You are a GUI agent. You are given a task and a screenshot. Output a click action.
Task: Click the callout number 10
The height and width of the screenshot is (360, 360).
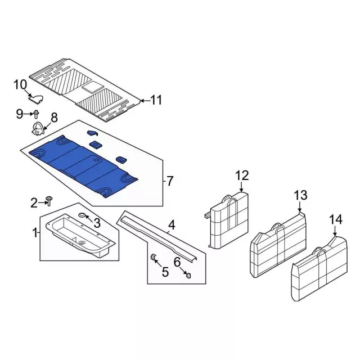click(20, 85)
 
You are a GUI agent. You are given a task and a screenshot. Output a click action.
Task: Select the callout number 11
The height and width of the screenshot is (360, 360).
click(156, 100)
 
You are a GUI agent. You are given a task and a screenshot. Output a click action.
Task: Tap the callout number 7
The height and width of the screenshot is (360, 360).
click(170, 181)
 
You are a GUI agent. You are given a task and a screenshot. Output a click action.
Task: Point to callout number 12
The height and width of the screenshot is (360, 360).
click(241, 176)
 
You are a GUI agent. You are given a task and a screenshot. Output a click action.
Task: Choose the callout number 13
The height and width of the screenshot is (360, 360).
click(301, 196)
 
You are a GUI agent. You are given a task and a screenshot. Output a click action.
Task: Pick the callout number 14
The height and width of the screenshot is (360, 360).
click(335, 219)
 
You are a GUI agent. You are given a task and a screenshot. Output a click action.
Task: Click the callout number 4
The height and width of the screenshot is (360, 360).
click(172, 226)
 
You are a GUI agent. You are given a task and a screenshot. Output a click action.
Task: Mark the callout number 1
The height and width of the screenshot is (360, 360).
click(35, 232)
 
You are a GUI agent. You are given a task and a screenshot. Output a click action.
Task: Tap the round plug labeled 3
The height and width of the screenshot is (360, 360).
click(83, 216)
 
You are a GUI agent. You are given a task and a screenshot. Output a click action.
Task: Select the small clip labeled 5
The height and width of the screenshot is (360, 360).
click(152, 258)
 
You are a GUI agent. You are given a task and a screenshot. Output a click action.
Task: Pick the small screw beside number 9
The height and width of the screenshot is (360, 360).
click(36, 114)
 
